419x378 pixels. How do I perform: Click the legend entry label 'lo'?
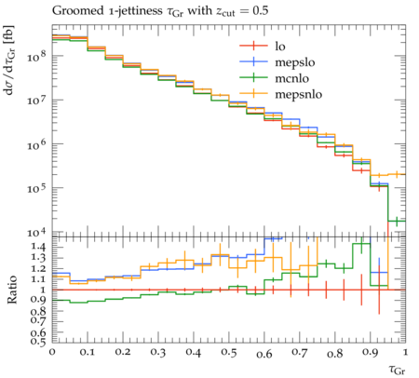tap(280, 47)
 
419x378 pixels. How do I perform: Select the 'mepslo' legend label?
tap(295, 62)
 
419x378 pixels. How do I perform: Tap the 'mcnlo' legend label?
tap(292, 78)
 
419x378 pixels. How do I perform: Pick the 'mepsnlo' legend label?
tap(299, 94)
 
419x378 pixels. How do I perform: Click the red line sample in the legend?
tap(253, 46)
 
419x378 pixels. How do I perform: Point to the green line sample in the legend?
tap(253, 78)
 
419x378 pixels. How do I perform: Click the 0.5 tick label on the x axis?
tap(229, 353)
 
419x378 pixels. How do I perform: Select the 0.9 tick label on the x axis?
tap(371, 353)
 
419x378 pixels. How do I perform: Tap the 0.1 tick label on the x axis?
tap(88, 353)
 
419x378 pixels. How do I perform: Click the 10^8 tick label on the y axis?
tap(36, 56)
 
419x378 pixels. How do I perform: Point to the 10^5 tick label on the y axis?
tap(36, 187)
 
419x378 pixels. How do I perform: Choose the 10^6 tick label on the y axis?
tap(36, 143)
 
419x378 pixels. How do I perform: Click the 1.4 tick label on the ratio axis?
tap(39, 248)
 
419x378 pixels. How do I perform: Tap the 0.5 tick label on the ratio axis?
tap(39, 342)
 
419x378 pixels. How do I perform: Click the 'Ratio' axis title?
tap(12, 290)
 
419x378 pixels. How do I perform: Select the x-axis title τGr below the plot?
tap(397, 370)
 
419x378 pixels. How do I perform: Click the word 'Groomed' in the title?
tap(77, 11)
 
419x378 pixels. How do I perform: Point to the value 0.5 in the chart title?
tap(260, 11)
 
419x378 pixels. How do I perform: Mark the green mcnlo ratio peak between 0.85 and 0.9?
tap(361, 244)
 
